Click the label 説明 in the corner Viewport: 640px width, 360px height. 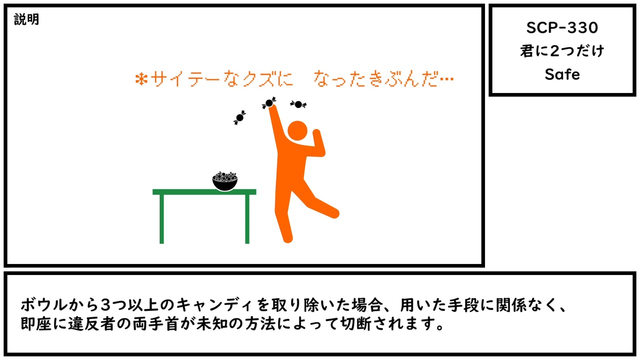(x=26, y=19)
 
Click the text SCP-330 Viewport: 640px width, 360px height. (x=562, y=27)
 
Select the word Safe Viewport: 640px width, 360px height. (x=562, y=74)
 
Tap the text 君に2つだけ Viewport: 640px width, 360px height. (x=562, y=51)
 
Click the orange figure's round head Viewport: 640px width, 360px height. (x=297, y=130)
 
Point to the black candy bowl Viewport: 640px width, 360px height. (x=225, y=181)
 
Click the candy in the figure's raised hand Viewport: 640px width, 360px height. (x=269, y=103)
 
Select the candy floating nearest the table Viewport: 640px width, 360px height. (x=239, y=117)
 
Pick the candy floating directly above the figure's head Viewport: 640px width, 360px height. (x=298, y=104)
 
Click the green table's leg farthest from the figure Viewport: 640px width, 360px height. (x=161, y=219)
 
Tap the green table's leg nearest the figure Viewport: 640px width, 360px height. (x=247, y=219)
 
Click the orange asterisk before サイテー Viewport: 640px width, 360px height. (x=141, y=79)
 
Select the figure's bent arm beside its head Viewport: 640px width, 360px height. (x=316, y=144)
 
